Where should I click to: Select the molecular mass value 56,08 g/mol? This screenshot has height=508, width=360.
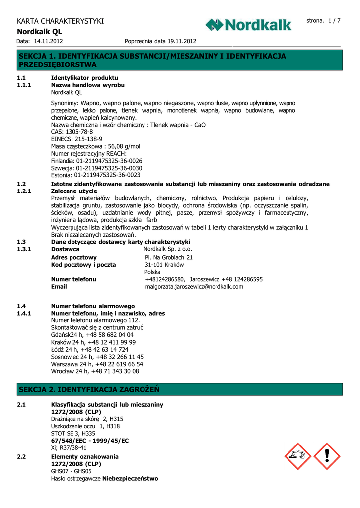[124, 146]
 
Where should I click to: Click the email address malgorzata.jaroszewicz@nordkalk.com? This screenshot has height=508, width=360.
[194, 286]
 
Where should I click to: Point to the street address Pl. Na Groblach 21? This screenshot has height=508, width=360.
[169, 257]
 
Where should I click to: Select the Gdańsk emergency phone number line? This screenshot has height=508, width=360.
[92, 335]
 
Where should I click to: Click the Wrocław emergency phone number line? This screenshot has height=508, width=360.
[95, 371]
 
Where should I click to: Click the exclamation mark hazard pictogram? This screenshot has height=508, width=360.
[327, 456]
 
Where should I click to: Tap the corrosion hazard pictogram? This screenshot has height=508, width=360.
[298, 456]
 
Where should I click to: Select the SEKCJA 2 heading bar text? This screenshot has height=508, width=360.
[89, 389]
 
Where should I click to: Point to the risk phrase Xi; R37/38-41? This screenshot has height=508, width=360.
[72, 447]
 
